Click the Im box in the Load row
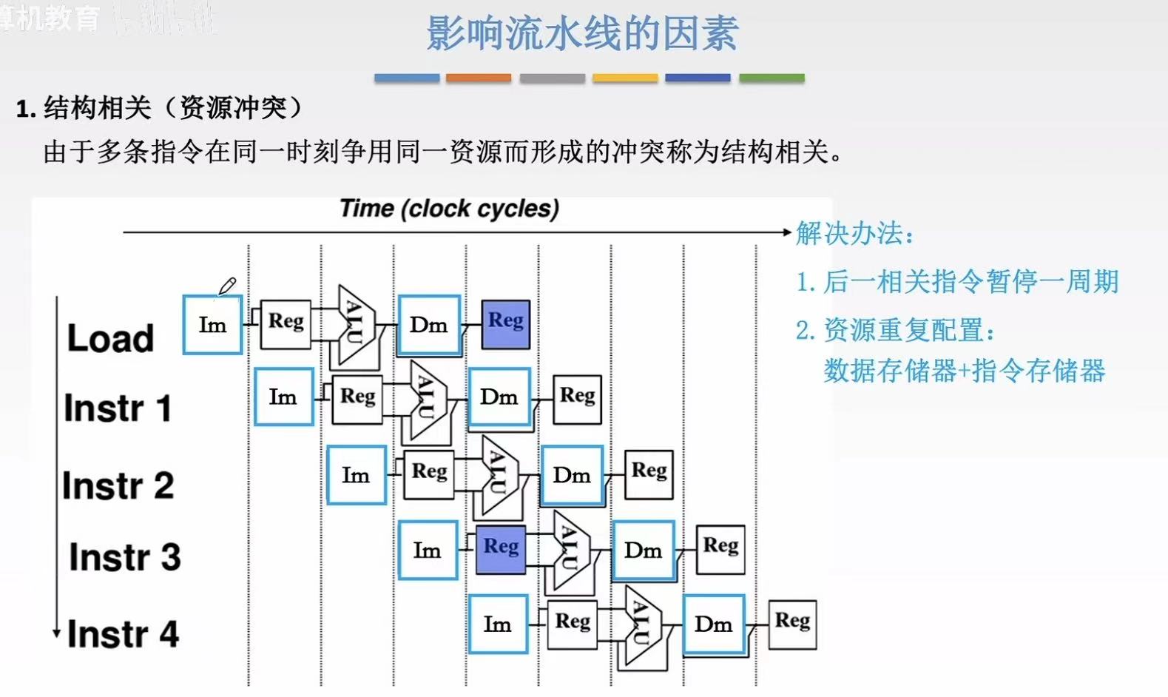[212, 325]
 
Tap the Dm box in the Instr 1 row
[499, 397]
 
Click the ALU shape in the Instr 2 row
[499, 474]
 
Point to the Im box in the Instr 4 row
[498, 624]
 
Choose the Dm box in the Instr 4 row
[713, 624]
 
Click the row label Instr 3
[125, 557]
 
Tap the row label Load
[110, 338]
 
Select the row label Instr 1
[118, 408]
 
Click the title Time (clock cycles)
[449, 209]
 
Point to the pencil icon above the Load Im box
[227, 286]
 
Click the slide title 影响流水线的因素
[582, 33]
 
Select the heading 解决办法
[854, 234]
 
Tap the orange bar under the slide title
[479, 78]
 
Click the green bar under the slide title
[772, 78]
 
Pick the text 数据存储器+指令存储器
[964, 371]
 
